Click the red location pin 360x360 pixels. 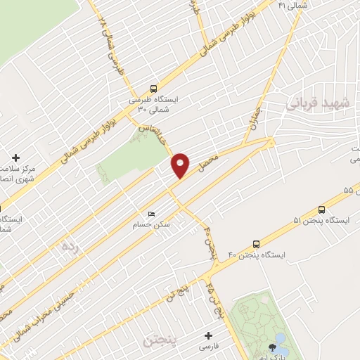[181, 165]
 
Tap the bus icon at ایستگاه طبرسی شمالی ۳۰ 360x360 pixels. [153, 89]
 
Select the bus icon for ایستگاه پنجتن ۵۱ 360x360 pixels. [322, 209]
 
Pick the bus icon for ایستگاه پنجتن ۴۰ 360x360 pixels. [255, 243]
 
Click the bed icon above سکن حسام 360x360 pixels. [150, 214]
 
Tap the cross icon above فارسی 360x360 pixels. [208, 335]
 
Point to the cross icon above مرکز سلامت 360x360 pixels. [16, 157]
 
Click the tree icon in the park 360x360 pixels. [272, 347]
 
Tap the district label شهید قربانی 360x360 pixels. [313, 105]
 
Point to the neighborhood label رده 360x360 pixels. [68, 247]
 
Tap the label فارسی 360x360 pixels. [209, 347]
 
